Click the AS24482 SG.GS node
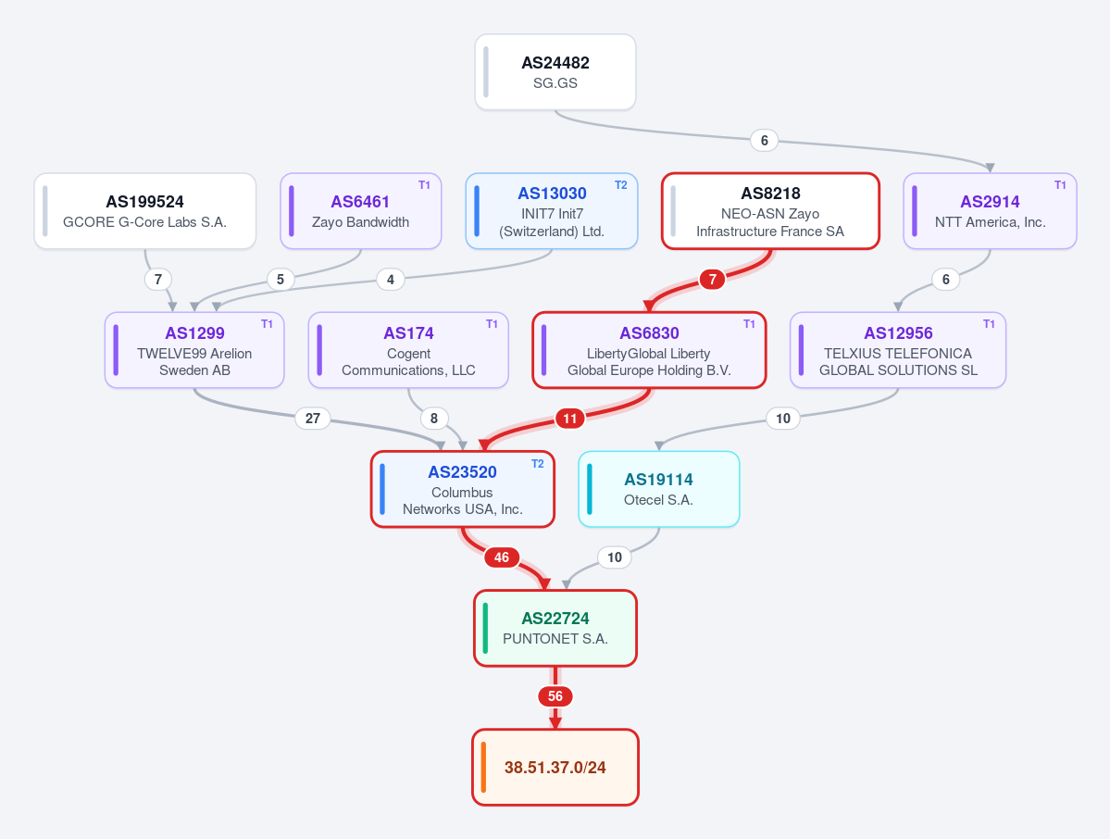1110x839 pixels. (x=555, y=72)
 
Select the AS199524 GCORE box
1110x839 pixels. (x=145, y=211)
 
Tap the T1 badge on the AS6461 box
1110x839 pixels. (x=424, y=185)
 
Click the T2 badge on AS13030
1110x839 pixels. (x=621, y=185)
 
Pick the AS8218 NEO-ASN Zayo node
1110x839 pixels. (x=770, y=211)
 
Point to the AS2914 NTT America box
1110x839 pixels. (x=990, y=211)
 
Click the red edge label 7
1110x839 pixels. (x=712, y=280)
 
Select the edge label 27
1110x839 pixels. (x=312, y=419)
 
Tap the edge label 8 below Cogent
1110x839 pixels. (x=434, y=419)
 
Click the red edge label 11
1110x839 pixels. (x=570, y=419)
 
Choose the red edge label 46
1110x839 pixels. (x=502, y=557)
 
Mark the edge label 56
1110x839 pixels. (x=555, y=696)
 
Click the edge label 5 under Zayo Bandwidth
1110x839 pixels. (x=281, y=280)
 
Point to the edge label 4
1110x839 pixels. (x=390, y=280)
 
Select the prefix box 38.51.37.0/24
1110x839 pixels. (x=555, y=768)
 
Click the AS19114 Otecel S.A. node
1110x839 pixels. (x=659, y=489)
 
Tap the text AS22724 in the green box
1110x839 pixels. (x=555, y=618)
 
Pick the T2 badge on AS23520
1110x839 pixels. (x=538, y=464)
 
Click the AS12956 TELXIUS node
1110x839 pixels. (x=898, y=350)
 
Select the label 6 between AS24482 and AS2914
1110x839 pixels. (x=764, y=140)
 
